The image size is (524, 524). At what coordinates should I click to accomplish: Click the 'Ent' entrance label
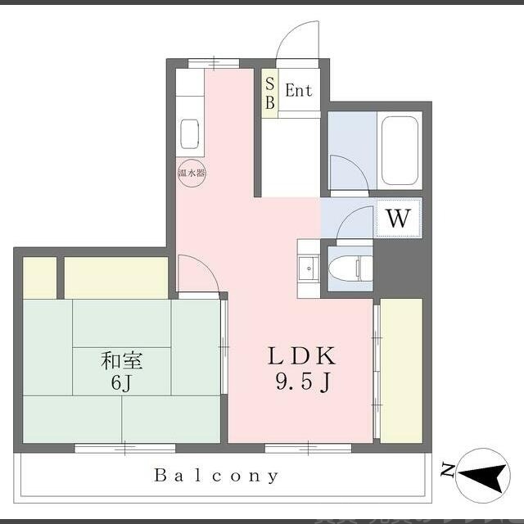pos(298,91)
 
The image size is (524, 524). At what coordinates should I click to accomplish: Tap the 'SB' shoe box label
pos(269,92)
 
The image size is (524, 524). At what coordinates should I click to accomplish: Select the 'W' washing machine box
pos(398,219)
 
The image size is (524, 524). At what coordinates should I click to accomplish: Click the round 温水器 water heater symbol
pos(192,173)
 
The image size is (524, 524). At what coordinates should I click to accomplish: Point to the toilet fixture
pos(350,268)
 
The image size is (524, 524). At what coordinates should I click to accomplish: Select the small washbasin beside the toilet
pos(308,267)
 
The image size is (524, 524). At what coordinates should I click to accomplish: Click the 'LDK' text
pos(301,356)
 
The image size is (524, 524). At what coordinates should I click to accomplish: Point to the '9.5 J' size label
pos(301,381)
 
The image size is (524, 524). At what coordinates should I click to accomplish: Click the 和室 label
pos(124,359)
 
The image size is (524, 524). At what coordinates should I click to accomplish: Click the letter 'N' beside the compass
pos(447,469)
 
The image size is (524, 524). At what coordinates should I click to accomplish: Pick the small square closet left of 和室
pos(39,278)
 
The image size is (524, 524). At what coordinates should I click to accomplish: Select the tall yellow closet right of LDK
pos(401,370)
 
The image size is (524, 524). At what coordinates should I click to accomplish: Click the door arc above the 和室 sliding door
pos(196,273)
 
